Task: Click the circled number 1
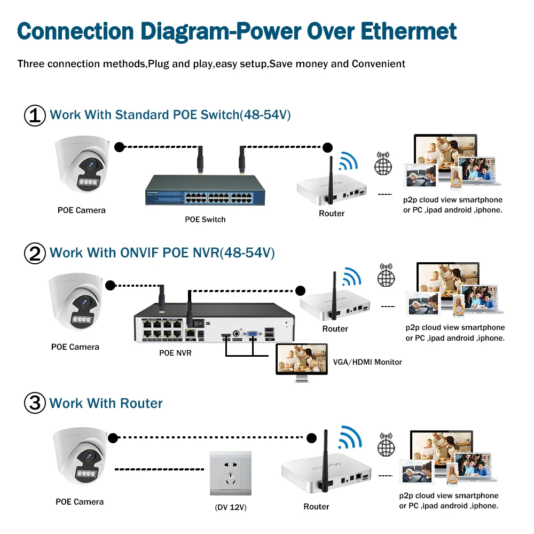(x=35, y=115)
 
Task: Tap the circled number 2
(x=35, y=253)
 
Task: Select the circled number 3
(x=35, y=403)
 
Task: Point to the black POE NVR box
(x=214, y=327)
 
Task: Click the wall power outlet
(x=230, y=473)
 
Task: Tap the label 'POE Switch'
(x=205, y=219)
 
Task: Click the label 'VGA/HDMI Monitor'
(x=367, y=362)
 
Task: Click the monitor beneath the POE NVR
(x=302, y=360)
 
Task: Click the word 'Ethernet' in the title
(x=409, y=31)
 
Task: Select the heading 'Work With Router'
(x=106, y=403)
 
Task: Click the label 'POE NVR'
(x=175, y=353)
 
